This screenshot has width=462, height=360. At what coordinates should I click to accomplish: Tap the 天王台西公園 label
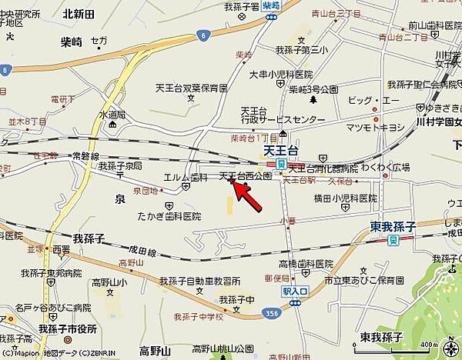(246, 176)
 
